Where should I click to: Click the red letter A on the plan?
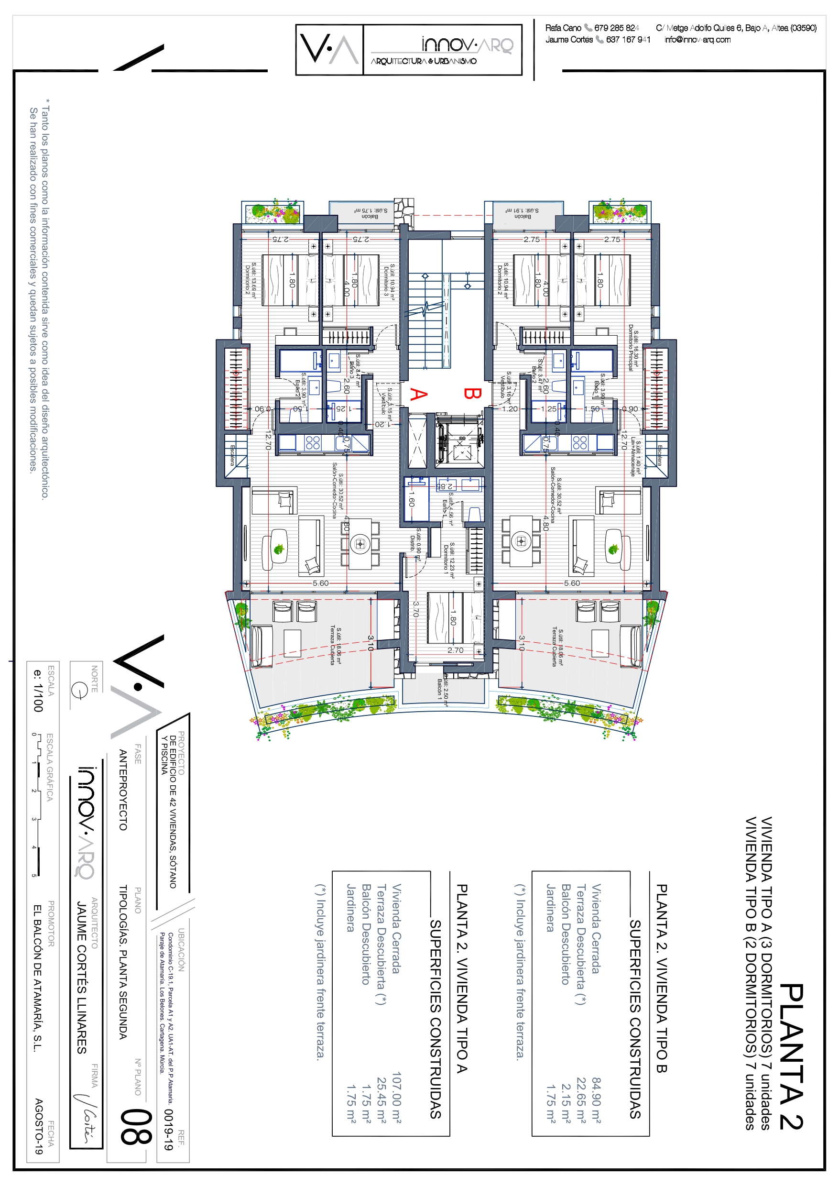tap(419, 395)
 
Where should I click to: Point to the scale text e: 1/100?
tap(38, 691)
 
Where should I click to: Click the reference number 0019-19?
tap(167, 1129)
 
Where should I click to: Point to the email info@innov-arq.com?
tap(697, 40)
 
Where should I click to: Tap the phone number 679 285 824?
tap(616, 28)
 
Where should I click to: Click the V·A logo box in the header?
tap(329, 50)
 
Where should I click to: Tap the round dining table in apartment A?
tap(360, 543)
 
